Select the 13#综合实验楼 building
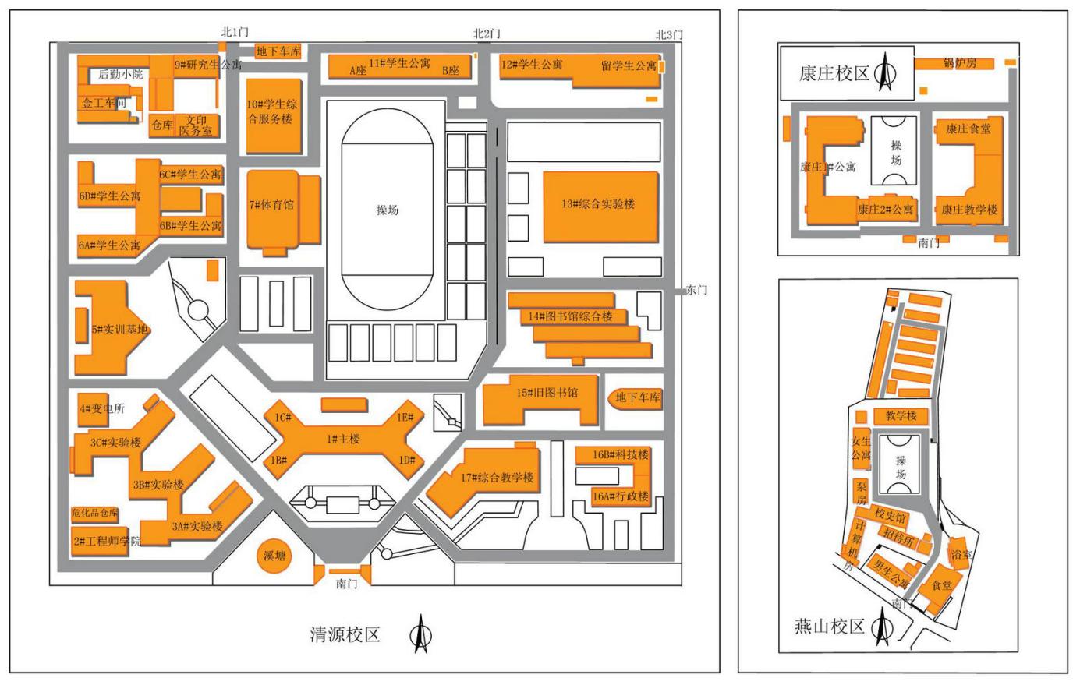click(599, 205)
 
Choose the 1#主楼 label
click(343, 440)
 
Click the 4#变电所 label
click(101, 409)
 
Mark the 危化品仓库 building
click(95, 514)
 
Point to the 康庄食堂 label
click(968, 129)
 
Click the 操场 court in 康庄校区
click(895, 153)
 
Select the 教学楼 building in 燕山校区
click(901, 416)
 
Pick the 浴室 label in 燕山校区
click(961, 555)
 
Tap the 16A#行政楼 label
click(621, 496)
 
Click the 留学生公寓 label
click(629, 66)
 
